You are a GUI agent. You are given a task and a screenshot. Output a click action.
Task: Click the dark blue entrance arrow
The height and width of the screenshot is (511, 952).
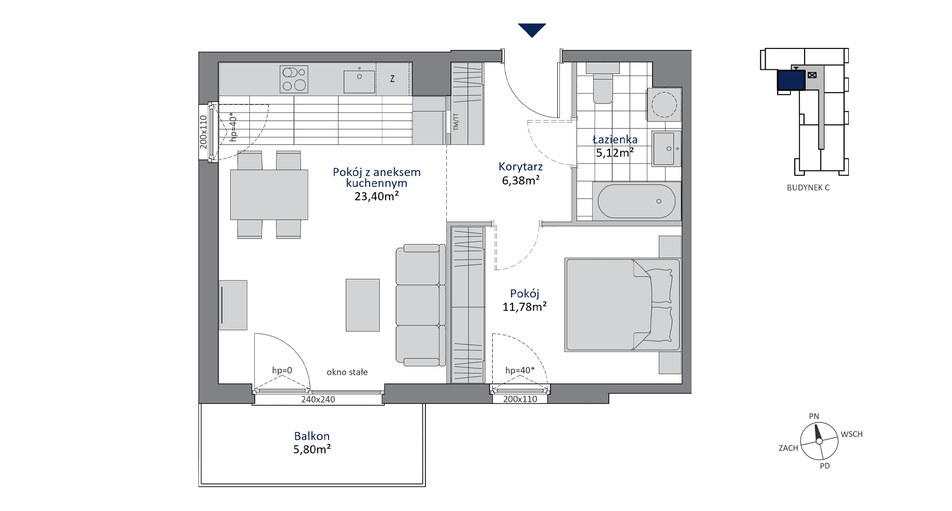click(x=532, y=30)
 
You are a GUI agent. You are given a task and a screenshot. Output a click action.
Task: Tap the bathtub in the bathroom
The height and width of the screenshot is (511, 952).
click(x=636, y=201)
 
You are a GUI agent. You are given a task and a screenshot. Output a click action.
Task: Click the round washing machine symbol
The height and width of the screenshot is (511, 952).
click(x=663, y=104)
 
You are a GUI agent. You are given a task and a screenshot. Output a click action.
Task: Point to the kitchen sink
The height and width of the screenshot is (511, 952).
click(x=359, y=82)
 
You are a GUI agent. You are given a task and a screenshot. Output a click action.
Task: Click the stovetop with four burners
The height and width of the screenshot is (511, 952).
click(x=294, y=79)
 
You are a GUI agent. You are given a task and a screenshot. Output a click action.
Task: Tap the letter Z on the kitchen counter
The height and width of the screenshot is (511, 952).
click(x=392, y=79)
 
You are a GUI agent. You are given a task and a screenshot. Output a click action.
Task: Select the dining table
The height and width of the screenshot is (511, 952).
click(x=269, y=195)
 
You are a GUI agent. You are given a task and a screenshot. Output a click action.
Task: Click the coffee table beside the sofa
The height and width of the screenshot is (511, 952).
click(x=362, y=305)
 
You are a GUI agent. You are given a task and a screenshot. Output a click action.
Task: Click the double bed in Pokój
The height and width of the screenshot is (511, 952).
click(x=622, y=304)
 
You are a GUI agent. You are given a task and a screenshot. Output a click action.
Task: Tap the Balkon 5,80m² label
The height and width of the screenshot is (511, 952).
click(x=312, y=443)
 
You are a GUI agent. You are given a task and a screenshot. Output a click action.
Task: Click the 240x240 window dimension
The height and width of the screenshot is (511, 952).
click(x=318, y=400)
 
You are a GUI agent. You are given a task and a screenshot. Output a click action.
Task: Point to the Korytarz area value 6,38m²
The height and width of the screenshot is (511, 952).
click(x=520, y=180)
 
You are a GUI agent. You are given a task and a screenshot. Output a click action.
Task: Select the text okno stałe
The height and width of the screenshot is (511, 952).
click(x=347, y=372)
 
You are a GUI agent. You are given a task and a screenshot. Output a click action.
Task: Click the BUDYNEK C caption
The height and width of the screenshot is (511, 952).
click(x=808, y=188)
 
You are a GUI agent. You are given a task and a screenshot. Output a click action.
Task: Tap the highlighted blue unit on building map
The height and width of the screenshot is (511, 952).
click(x=791, y=81)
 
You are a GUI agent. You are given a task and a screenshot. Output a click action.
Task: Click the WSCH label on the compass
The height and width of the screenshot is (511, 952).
click(x=852, y=434)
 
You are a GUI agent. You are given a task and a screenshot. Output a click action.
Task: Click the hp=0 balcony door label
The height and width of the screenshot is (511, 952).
click(x=282, y=371)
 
